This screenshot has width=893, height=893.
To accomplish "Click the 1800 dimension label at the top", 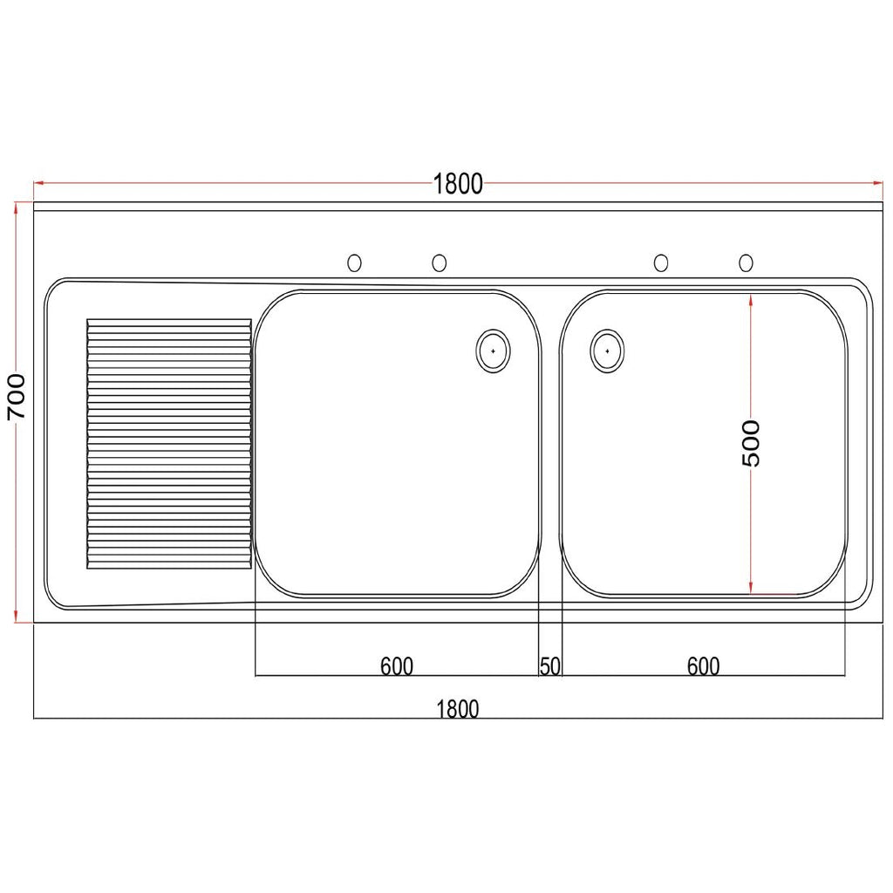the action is [458, 184].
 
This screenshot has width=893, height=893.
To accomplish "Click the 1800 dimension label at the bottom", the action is [458, 708].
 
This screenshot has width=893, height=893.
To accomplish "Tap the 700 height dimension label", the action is [17, 397].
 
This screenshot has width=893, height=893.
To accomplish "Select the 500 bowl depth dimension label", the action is [751, 443].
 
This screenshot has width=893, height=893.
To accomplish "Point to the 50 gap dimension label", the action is [550, 665].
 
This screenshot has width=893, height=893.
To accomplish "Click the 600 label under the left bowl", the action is [397, 665].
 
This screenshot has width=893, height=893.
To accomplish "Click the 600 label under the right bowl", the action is [704, 665].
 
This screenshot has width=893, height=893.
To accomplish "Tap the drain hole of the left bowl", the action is [493, 351].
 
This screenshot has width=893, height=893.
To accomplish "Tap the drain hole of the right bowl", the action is [607, 351].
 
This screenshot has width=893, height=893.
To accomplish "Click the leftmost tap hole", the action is [354, 262].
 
